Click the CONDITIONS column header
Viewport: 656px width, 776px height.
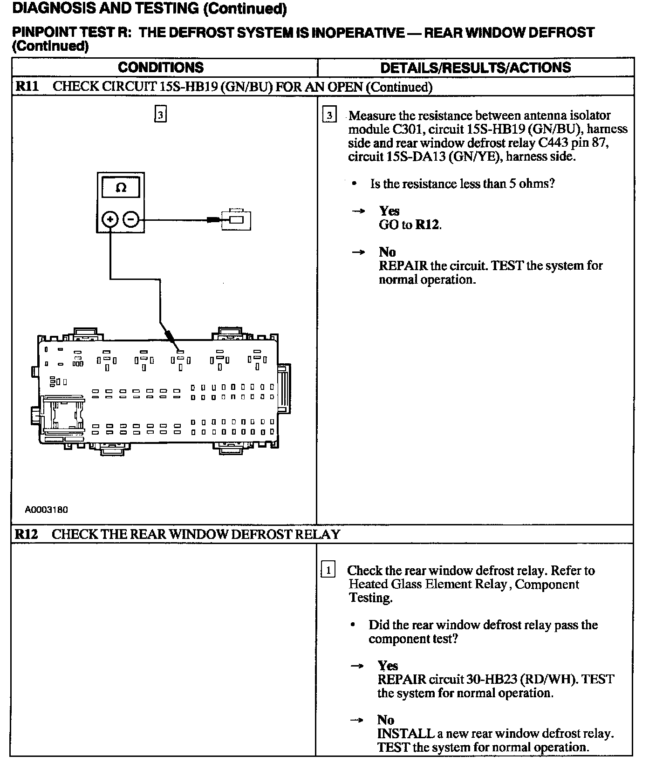161,68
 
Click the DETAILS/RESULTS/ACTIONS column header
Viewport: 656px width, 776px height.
475,68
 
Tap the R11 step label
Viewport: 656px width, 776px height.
27,87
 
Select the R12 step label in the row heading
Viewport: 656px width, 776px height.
26,534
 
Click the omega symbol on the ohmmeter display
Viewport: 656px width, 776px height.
121,188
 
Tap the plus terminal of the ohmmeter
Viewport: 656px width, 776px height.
110,218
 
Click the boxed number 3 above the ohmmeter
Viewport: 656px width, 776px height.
160,115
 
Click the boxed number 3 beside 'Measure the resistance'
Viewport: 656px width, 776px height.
329,115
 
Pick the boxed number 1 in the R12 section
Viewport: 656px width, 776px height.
328,570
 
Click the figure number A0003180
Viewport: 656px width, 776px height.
47,510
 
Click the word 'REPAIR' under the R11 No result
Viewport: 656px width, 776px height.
403,265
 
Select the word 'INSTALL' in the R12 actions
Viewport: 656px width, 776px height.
405,734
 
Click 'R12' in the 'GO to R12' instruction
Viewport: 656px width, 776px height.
427,225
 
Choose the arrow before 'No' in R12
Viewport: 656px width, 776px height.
357,720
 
